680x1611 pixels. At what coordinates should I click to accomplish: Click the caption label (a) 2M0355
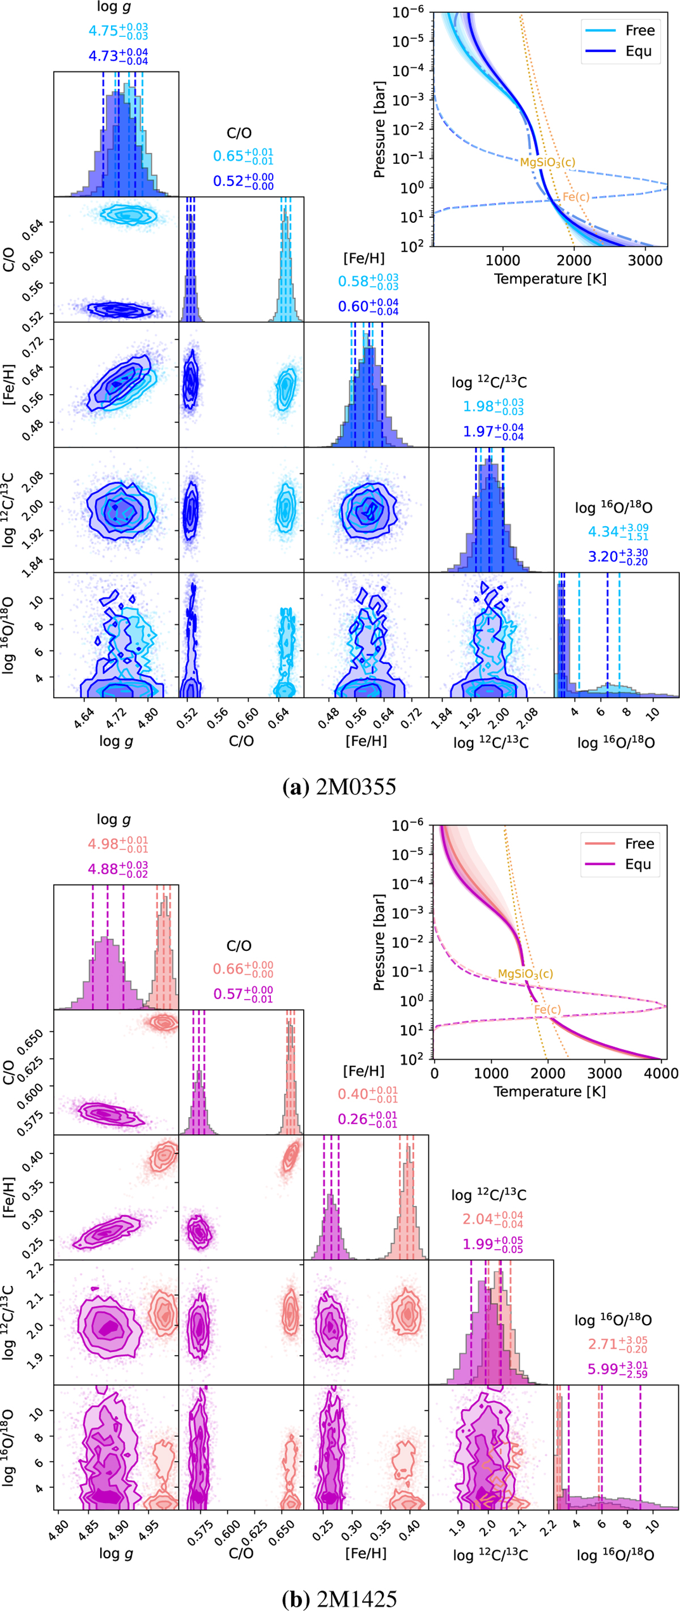coord(339,786)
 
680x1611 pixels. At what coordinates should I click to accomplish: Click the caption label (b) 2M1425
coord(339,1599)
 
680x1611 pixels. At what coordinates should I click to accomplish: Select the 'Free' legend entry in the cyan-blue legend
coord(639,30)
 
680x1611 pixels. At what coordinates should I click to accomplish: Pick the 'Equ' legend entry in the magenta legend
coord(638,864)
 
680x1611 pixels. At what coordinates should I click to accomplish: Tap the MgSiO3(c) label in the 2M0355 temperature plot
coord(547,163)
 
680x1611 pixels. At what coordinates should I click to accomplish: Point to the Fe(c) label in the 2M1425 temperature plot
coord(547,1009)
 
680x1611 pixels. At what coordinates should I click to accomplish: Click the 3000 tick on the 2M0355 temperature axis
coord(645,260)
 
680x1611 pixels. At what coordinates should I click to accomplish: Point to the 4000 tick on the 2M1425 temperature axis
coord(661,1073)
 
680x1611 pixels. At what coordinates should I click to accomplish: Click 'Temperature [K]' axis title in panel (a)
coord(550,279)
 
